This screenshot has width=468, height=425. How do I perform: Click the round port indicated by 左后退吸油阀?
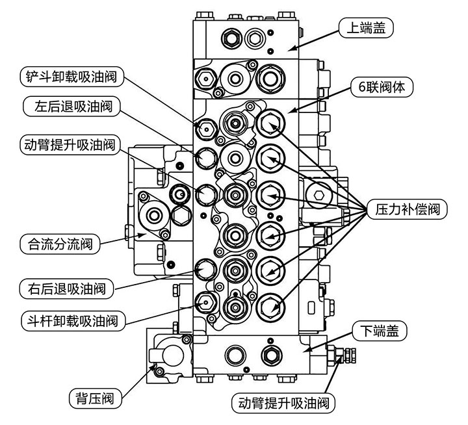tap(206, 157)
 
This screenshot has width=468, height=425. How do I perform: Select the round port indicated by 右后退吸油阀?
tap(206, 267)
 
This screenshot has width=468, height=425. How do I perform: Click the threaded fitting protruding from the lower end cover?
tap(345, 355)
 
